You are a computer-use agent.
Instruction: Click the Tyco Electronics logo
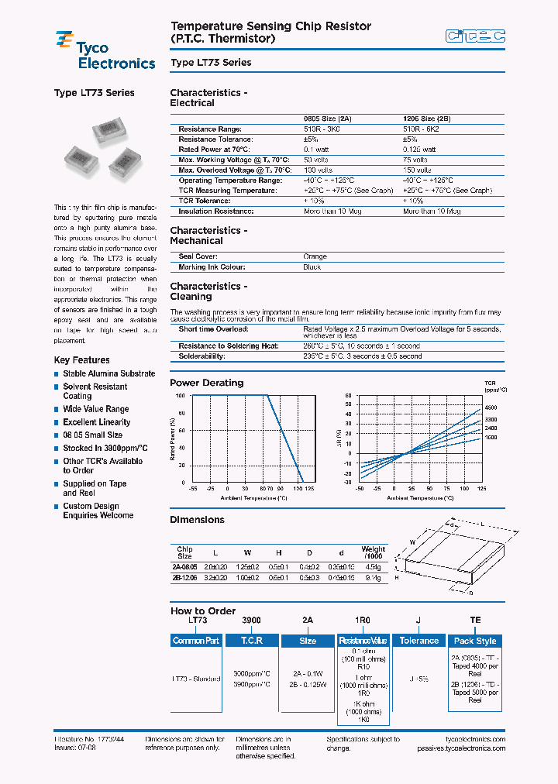pos(105,50)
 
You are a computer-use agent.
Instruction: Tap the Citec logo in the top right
pos(475,36)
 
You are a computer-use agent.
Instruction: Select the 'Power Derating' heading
pos(206,383)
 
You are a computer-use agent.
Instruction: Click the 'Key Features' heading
pos(81,360)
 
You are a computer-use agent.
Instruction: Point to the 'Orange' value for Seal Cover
pos(315,256)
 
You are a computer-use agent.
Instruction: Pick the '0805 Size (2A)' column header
pos(327,119)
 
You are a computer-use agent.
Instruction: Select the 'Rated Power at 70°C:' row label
pos(214,150)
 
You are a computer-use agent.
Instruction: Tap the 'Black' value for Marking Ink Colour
pos(312,267)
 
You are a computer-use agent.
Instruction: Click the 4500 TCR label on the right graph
pos(491,407)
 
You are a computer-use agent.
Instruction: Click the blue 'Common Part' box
pos(196,641)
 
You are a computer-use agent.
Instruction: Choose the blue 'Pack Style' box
pos(475,641)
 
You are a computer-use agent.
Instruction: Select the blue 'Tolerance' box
pos(418,641)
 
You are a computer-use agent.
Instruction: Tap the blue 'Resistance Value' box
pos(363,641)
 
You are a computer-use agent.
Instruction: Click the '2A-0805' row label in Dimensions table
pos(184,567)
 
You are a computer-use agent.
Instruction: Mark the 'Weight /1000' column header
pos(373,553)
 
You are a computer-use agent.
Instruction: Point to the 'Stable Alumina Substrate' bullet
pos(108,373)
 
